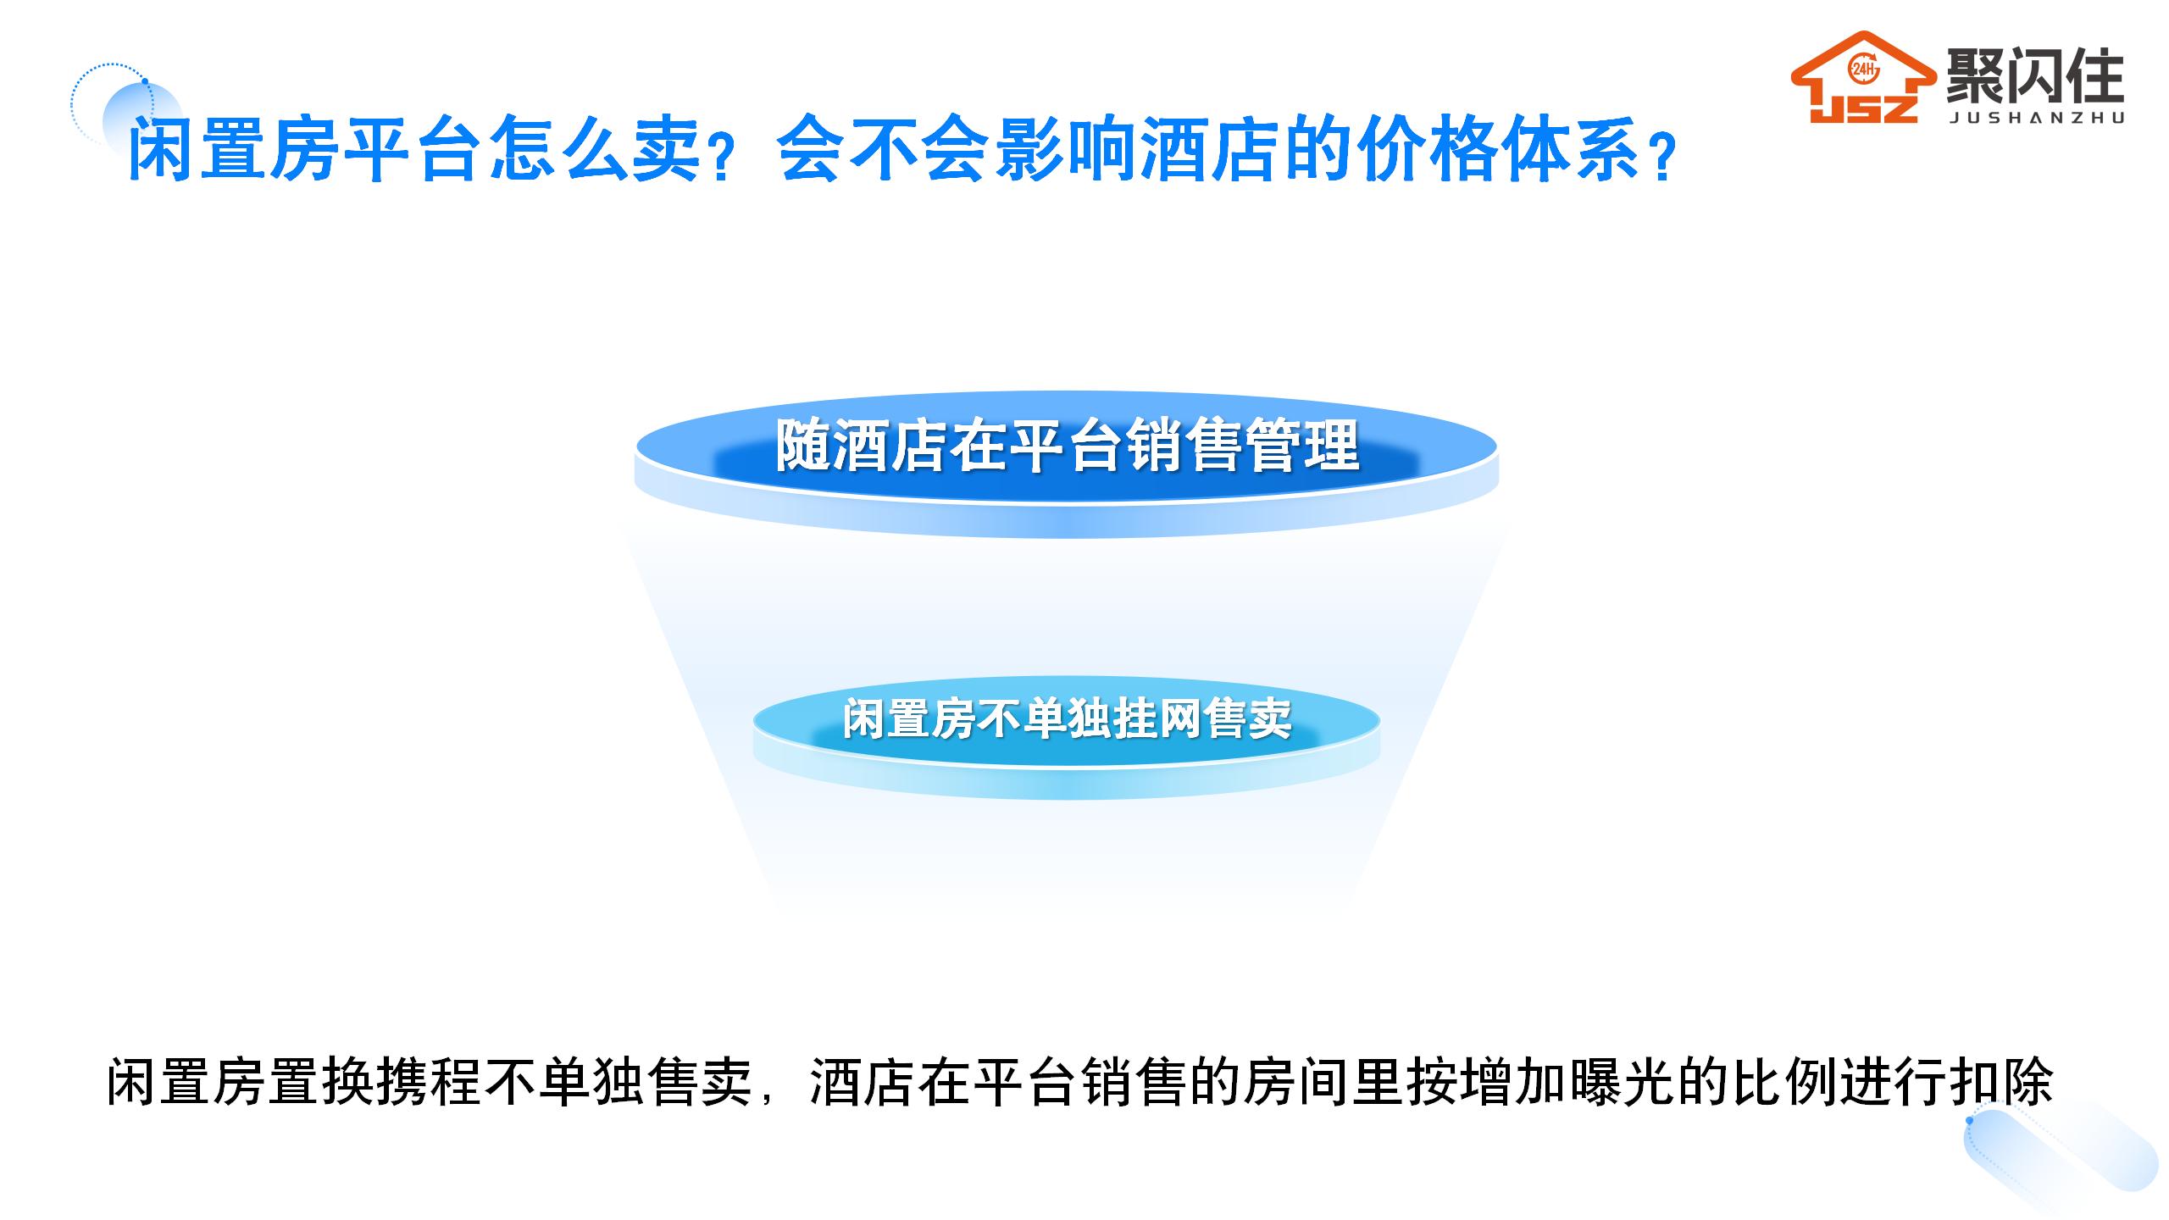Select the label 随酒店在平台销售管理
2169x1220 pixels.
pos(1068,446)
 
